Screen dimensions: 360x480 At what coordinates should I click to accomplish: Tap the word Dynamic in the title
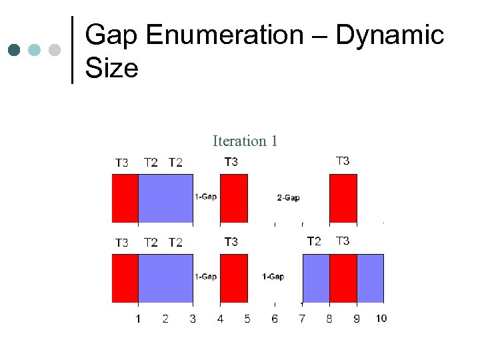pyautogui.click(x=390, y=35)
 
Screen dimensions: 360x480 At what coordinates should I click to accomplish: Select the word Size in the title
pyautogui.click(x=112, y=67)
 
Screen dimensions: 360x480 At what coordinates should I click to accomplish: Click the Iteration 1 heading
pyautogui.click(x=245, y=141)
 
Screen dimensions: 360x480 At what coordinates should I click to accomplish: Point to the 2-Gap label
pyautogui.click(x=288, y=197)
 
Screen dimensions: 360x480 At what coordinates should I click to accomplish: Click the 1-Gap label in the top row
pyautogui.click(x=205, y=196)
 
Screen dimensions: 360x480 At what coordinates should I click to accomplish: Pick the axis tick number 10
pyautogui.click(x=381, y=319)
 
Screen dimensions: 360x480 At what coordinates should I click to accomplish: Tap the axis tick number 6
pyautogui.click(x=275, y=319)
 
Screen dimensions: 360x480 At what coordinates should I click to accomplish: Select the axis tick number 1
pyautogui.click(x=138, y=319)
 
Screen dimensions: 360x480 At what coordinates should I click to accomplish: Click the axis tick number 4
pyautogui.click(x=220, y=319)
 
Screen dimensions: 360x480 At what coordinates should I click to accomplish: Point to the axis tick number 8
pyautogui.click(x=329, y=319)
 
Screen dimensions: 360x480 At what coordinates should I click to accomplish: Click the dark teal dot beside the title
pyautogui.click(x=14, y=50)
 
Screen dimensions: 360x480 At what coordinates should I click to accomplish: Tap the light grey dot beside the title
pyautogui.click(x=55, y=50)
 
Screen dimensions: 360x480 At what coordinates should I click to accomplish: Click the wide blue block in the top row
pyautogui.click(x=165, y=198)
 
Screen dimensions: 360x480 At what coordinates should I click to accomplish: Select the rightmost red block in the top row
pyautogui.click(x=343, y=198)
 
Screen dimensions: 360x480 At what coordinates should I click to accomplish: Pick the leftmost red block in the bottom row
pyautogui.click(x=125, y=278)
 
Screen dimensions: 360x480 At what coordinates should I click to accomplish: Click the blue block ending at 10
pyautogui.click(x=370, y=278)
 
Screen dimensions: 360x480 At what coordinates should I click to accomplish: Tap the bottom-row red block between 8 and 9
pyautogui.click(x=343, y=278)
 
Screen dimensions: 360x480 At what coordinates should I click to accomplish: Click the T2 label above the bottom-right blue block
pyautogui.click(x=314, y=241)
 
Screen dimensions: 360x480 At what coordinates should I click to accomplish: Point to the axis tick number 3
pyautogui.click(x=193, y=319)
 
